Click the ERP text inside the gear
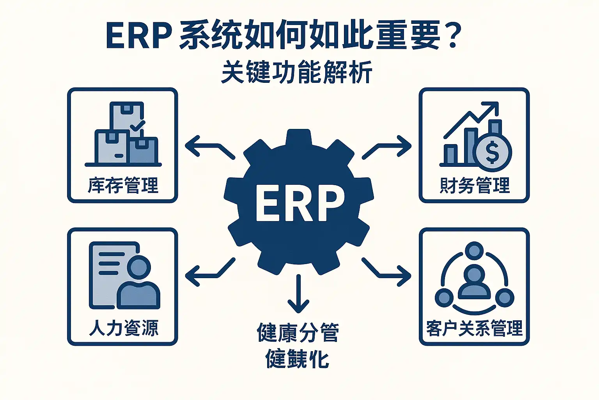pos(299,202)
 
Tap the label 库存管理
pos(123,185)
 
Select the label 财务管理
pos(474,185)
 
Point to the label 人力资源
pos(123,328)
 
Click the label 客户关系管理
pos(474,328)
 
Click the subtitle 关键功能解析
pos(296,72)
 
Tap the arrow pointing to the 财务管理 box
pos(388,148)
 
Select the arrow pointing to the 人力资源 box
pos(209,271)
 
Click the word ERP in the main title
pos(138,36)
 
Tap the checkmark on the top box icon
pos(137,126)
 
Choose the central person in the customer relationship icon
pos(474,281)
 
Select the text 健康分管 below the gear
pos(298,333)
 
